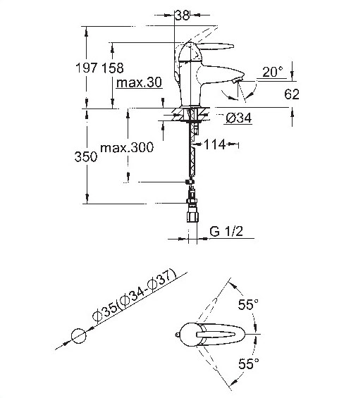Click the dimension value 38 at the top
tap(183, 15)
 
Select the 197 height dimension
tap(87, 68)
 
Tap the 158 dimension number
tap(113, 68)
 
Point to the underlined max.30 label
tap(139, 82)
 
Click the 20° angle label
tap(272, 72)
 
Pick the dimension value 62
tap(292, 94)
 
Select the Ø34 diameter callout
tap(239, 118)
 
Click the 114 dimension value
tap(215, 144)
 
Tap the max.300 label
tap(127, 147)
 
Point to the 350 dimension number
tap(86, 156)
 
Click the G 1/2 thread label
tap(226, 231)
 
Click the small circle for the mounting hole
tap(79, 336)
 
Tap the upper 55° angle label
tap(248, 304)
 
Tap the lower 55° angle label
tap(249, 363)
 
